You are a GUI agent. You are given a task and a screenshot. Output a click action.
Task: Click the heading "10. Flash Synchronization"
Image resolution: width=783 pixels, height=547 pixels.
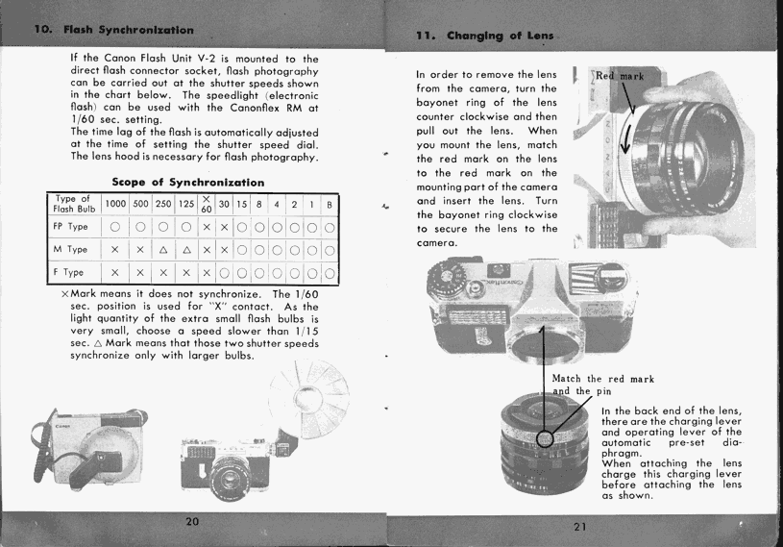(108, 30)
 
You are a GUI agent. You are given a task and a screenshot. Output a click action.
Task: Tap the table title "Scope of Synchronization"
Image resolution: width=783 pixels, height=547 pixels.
(188, 182)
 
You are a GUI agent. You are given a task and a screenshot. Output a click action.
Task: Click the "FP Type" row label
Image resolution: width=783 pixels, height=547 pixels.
(71, 228)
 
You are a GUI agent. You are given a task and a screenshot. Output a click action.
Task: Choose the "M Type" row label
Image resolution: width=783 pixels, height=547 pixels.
(71, 250)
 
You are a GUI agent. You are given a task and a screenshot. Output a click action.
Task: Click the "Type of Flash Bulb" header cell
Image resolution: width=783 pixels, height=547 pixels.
(72, 205)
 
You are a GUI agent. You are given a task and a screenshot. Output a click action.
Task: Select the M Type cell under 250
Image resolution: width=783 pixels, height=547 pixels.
(163, 250)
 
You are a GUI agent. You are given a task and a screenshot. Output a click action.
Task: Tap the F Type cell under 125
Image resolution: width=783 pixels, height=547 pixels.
(185, 272)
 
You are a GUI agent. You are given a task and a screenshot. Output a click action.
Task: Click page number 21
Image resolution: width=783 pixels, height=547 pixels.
(578, 526)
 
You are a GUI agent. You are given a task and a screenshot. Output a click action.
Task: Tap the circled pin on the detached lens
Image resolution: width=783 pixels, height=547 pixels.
(545, 439)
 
